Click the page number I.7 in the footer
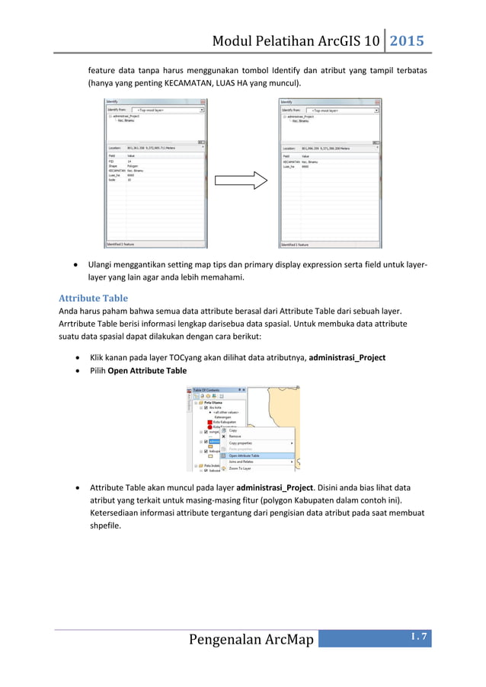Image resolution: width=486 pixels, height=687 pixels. [418, 637]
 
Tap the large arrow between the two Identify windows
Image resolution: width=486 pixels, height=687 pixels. [239, 181]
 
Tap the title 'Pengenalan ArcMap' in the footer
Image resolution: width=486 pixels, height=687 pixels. [251, 638]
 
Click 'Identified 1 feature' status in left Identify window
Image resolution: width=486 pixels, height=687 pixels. [122, 244]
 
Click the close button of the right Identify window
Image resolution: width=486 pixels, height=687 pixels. [377, 101]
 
